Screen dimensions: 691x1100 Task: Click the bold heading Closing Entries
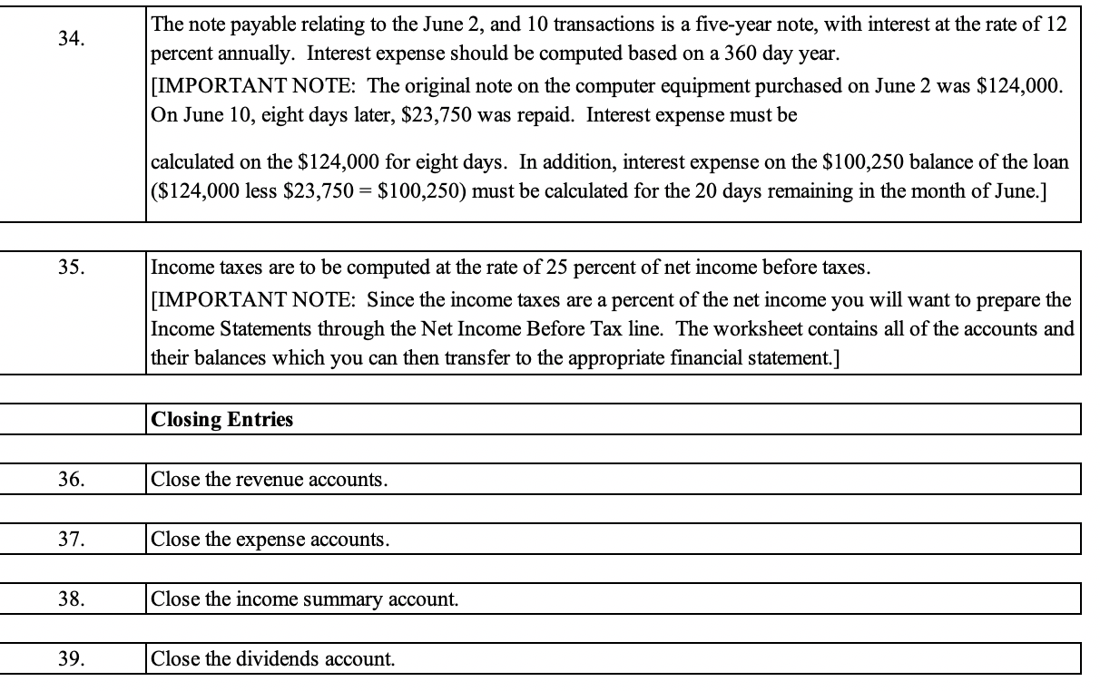point(222,420)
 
